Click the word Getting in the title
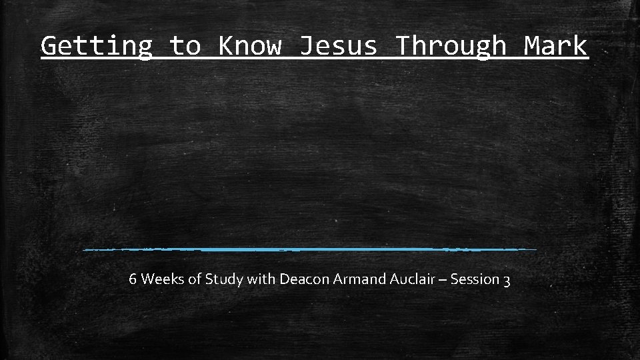pos(97,46)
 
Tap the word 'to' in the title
pos(185,46)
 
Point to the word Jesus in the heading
pos(338,46)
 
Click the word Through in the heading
pos(451,46)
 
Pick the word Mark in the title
pos(555,46)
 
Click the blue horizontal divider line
pos(310,249)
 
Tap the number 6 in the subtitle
pos(133,279)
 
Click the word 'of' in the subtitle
pos(194,279)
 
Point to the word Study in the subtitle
pos(223,279)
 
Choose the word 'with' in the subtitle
pos(261,279)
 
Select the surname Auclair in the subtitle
pos(399,279)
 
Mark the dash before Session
pos(437,279)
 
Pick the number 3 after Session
pos(507,280)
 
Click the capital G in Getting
pos(49,46)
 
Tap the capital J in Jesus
pos(306,46)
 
